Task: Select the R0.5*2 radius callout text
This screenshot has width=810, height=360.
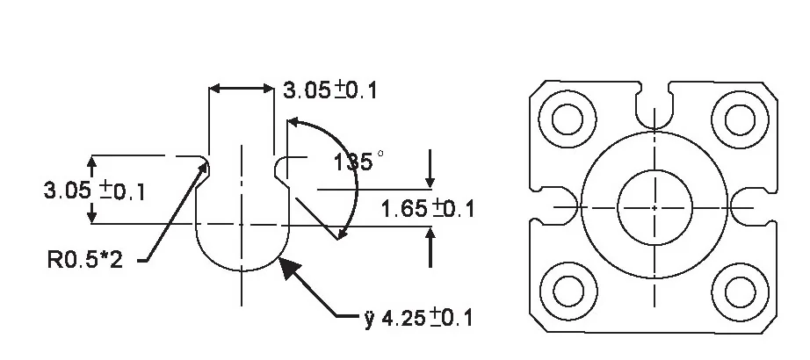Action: point(85,260)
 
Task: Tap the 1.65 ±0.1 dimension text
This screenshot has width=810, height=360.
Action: point(427,209)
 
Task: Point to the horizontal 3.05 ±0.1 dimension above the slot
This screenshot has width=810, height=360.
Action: point(330,91)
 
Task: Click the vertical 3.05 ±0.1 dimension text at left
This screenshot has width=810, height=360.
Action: point(95,191)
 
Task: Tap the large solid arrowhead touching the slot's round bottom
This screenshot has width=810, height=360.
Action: point(288,267)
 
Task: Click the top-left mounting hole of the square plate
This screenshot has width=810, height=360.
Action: point(568,119)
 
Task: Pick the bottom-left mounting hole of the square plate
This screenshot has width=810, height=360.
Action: point(568,292)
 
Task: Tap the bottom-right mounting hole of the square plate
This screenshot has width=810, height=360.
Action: point(741,292)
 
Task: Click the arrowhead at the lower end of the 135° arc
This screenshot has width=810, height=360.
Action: point(341,234)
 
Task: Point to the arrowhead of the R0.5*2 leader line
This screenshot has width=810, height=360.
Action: point(204,169)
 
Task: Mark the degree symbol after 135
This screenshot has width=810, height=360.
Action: point(380,154)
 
